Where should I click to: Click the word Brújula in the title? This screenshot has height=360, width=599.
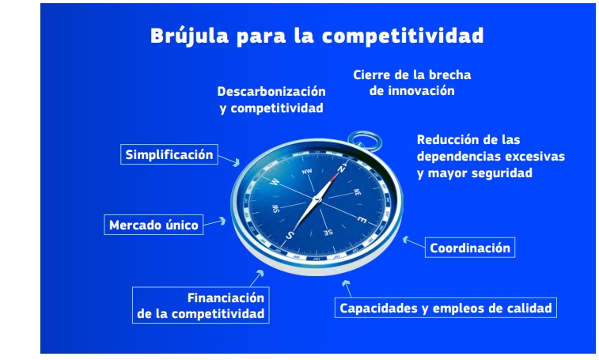tap(189, 36)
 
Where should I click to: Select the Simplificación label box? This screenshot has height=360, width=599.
tap(169, 154)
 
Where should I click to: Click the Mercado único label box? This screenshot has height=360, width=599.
tap(154, 225)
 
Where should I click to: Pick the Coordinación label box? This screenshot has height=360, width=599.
tap(470, 248)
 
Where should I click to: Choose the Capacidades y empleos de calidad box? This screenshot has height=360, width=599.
tap(445, 308)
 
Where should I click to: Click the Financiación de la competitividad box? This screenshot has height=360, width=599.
tap(200, 305)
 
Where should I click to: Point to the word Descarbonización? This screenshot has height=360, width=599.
tap(271, 91)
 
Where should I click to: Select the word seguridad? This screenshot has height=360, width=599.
tap(502, 173)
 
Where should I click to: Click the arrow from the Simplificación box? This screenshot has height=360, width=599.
tap(229, 161)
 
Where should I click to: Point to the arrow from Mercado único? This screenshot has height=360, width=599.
tap(214, 222)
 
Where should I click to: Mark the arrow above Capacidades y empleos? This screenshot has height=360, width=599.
tap(347, 289)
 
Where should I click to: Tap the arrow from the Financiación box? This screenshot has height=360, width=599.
tap(256, 279)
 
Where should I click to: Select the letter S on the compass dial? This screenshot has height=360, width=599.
tap(290, 235)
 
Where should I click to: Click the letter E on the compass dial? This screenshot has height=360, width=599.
tap(362, 219)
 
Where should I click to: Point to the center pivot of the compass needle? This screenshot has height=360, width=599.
tap(317, 199)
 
